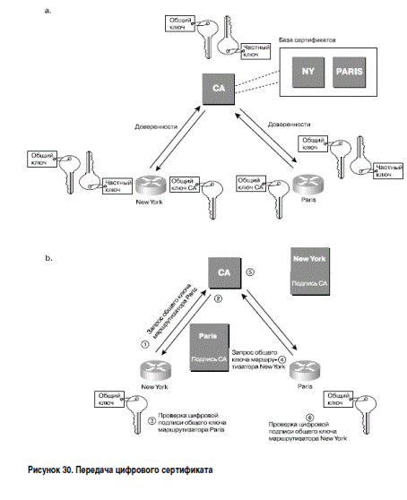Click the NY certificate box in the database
click(308, 72)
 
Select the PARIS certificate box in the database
click(350, 72)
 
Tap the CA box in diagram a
click(219, 89)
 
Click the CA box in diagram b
click(224, 272)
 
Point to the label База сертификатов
click(307, 40)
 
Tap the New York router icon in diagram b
click(155, 371)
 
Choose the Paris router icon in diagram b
click(305, 370)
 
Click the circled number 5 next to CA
click(250, 272)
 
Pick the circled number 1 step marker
click(145, 344)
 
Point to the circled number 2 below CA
click(218, 298)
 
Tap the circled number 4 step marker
click(281, 359)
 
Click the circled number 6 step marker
click(309, 418)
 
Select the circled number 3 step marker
click(152, 420)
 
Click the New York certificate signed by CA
click(310, 272)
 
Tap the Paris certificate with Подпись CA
click(209, 348)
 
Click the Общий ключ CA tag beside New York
click(185, 185)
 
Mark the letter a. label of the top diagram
click(48, 11)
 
